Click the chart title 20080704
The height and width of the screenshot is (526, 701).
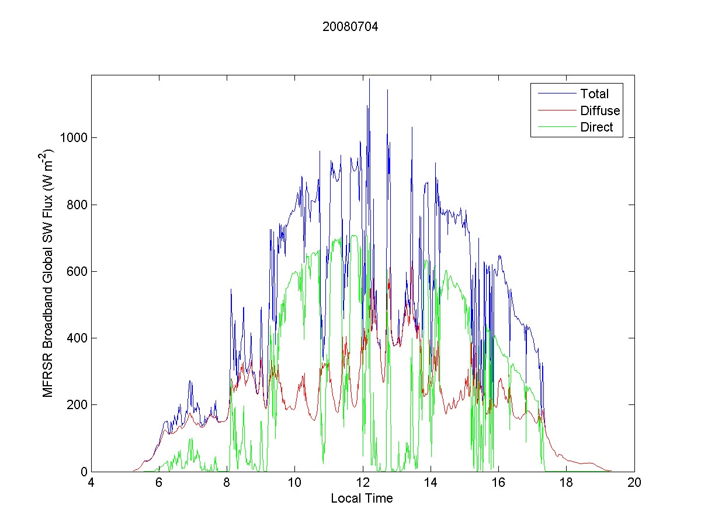coord(350,26)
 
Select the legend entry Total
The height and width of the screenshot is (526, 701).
coord(594,94)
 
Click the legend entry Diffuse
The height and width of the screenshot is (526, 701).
coord(600,110)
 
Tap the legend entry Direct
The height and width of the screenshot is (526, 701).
coord(596,128)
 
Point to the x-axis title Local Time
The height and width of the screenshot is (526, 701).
coord(362,499)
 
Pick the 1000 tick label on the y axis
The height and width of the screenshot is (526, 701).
coord(74,138)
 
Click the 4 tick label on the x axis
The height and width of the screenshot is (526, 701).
coord(91,483)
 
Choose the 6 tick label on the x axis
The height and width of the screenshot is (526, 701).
coord(159,483)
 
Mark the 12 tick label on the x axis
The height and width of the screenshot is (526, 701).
coord(363,483)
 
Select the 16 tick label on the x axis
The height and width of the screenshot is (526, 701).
coord(498,483)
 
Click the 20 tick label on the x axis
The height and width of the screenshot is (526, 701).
coord(634,483)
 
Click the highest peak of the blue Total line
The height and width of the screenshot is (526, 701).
coord(369,79)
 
